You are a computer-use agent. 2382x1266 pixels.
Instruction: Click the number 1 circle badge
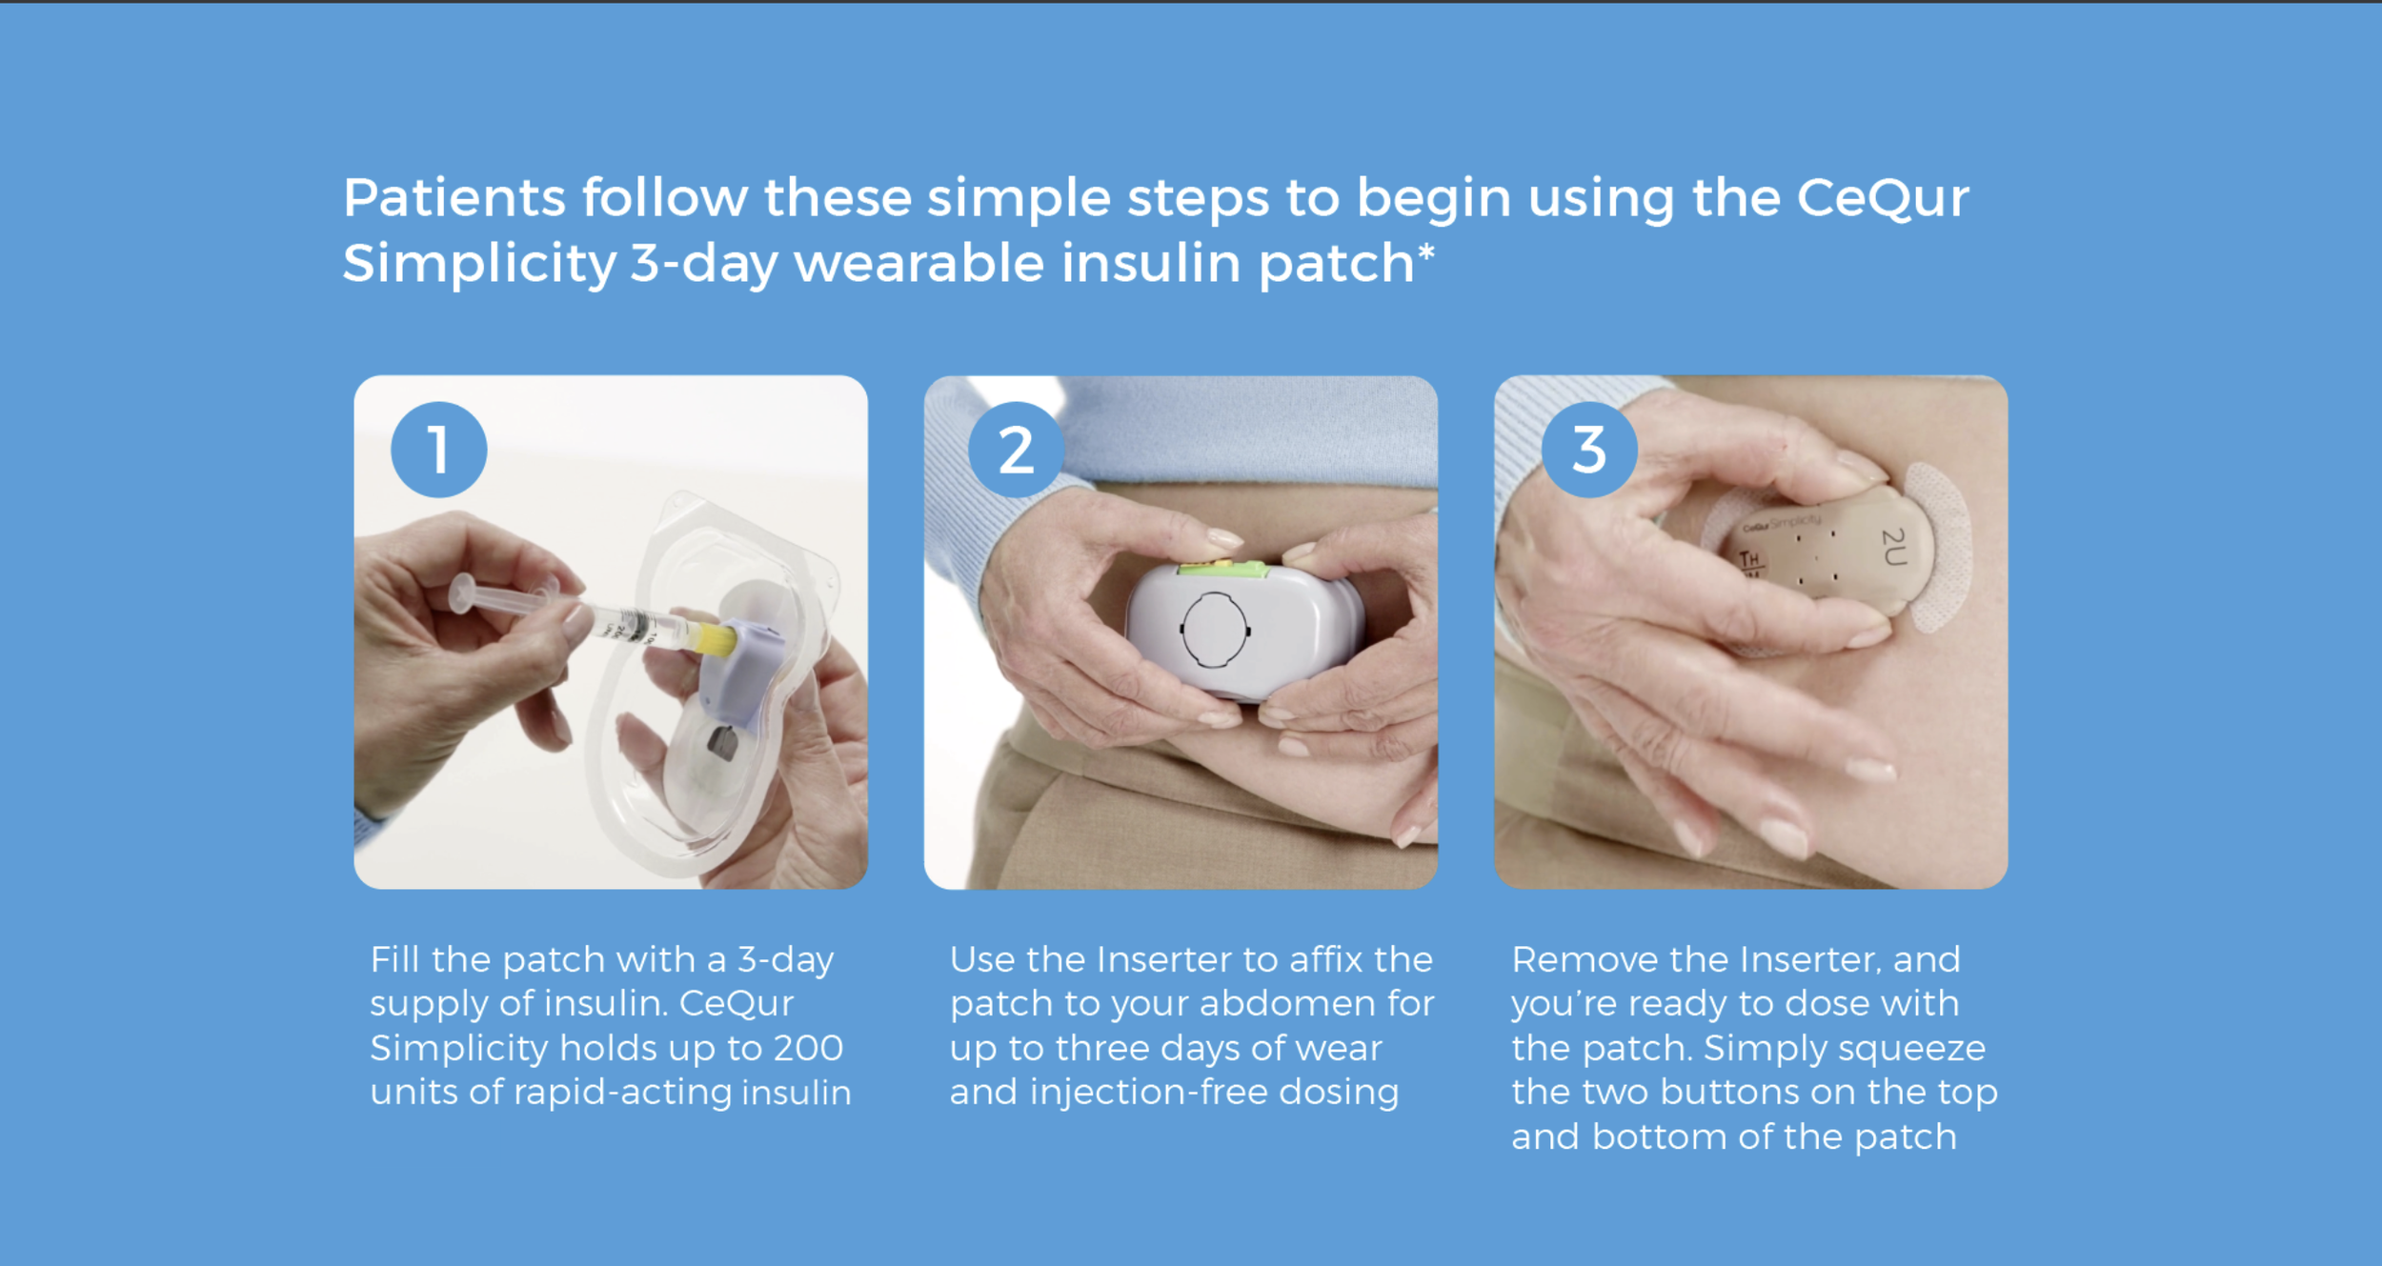(x=438, y=450)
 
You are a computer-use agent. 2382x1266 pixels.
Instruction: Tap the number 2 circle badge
(x=1016, y=450)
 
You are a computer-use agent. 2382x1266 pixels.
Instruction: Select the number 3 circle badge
(x=1589, y=450)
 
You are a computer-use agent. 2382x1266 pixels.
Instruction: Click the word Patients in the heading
(x=454, y=198)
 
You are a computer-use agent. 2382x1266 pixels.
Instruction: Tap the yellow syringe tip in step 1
(x=716, y=639)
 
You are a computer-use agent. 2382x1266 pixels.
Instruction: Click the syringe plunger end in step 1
(x=463, y=593)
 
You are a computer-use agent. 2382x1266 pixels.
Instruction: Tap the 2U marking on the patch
(x=1893, y=547)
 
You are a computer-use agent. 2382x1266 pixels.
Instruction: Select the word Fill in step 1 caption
(x=394, y=959)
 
